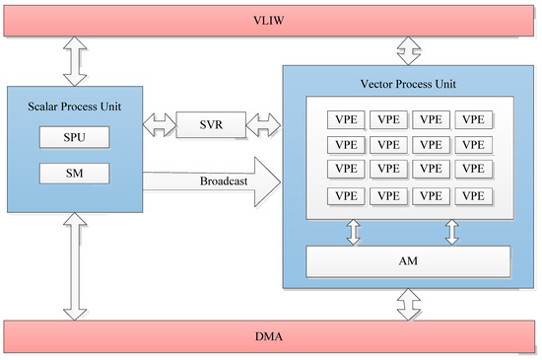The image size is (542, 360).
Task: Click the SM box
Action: pos(74,174)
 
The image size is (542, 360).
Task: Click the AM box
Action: pos(408,261)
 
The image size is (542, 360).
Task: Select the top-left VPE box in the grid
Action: pos(348,119)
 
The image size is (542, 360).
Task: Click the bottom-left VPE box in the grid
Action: pos(348,195)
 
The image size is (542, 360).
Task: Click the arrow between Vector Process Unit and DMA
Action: pos(408,303)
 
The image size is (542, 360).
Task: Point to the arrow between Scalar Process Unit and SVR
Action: pos(160,125)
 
